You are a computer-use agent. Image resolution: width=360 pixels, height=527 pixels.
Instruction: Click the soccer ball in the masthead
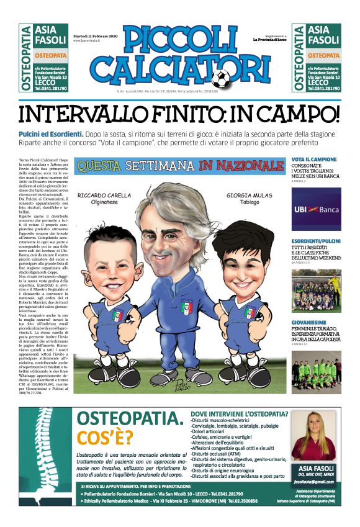pos(220,78)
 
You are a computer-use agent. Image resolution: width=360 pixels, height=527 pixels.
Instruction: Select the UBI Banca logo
pos(316,209)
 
